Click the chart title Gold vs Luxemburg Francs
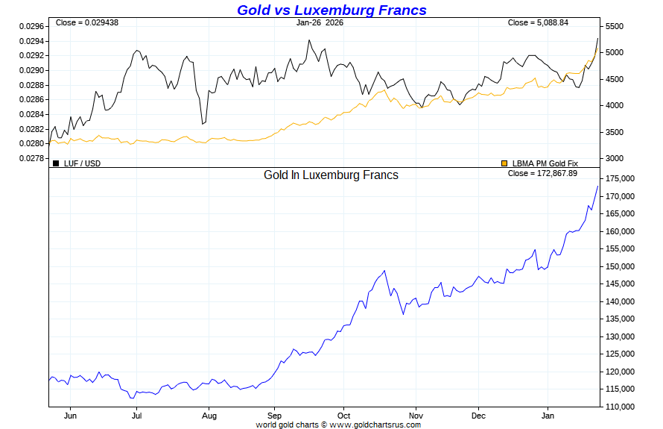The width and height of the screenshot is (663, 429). pyautogui.click(x=331, y=10)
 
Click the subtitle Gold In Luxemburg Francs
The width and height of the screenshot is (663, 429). pyautogui.click(x=331, y=175)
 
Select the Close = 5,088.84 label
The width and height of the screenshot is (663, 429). pyautogui.click(x=538, y=22)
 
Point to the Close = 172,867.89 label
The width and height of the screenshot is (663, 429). pyautogui.click(x=542, y=173)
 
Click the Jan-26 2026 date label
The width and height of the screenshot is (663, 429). pyautogui.click(x=320, y=22)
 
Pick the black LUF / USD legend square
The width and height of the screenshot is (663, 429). pyautogui.click(x=56, y=163)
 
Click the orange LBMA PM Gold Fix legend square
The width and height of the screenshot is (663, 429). pyautogui.click(x=504, y=163)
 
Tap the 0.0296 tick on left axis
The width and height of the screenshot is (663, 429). pyautogui.click(x=32, y=26)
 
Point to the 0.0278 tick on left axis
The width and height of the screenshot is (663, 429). pyautogui.click(x=32, y=158)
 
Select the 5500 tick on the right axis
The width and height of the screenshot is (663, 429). pyautogui.click(x=614, y=26)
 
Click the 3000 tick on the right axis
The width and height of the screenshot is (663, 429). pyautogui.click(x=614, y=158)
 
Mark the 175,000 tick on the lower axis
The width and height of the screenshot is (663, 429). pyautogui.click(x=619, y=179)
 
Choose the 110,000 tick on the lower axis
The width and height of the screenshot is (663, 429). pyautogui.click(x=619, y=407)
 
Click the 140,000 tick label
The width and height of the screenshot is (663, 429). pyautogui.click(x=619, y=301)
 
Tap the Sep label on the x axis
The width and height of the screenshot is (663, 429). pyautogui.click(x=274, y=415)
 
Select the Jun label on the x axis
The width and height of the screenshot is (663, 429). pyautogui.click(x=71, y=415)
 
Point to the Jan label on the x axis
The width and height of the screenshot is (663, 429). pyautogui.click(x=548, y=415)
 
